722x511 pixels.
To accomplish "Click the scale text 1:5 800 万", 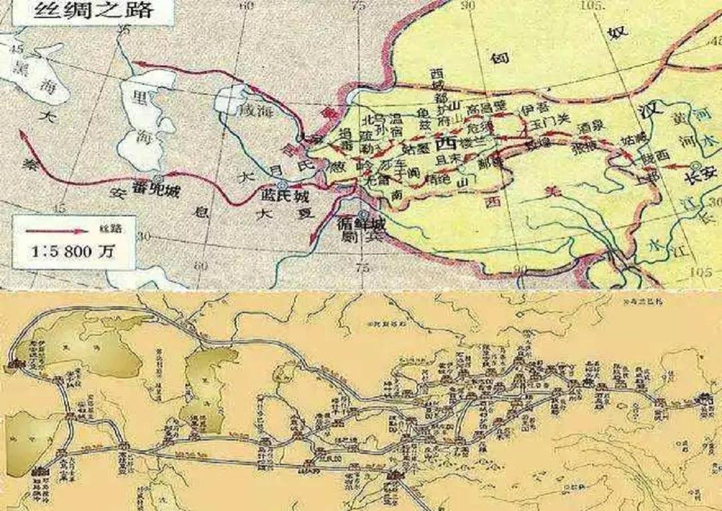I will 72,252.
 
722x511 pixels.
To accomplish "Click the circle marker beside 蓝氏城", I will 282,187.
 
